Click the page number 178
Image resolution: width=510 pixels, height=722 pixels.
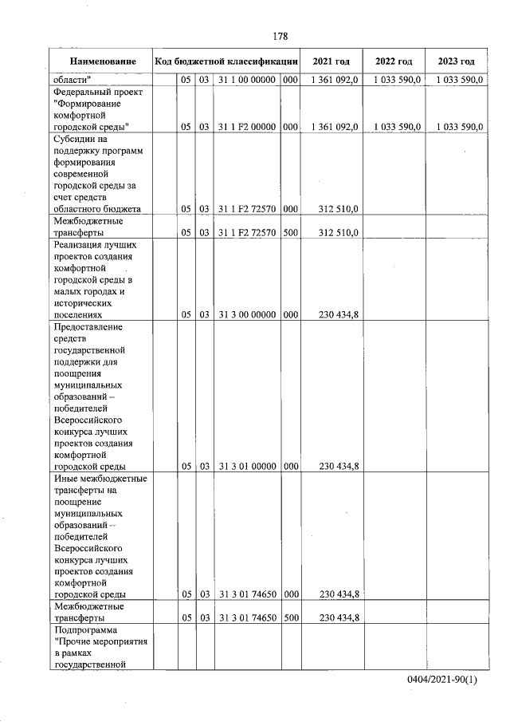[280, 36]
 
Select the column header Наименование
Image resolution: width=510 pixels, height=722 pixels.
[101, 61]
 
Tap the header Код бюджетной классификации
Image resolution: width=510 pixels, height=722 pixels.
[226, 61]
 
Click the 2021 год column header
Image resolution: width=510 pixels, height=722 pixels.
[331, 61]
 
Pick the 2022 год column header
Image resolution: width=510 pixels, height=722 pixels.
[394, 61]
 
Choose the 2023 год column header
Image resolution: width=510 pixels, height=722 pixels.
[456, 61]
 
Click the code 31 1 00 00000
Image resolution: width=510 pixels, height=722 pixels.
[246, 80]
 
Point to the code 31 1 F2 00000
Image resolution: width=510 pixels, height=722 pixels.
[246, 127]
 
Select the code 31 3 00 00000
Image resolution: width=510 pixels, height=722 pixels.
[246, 314]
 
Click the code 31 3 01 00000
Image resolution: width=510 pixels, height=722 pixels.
[246, 466]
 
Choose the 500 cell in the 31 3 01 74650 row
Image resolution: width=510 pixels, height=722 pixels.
[290, 617]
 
